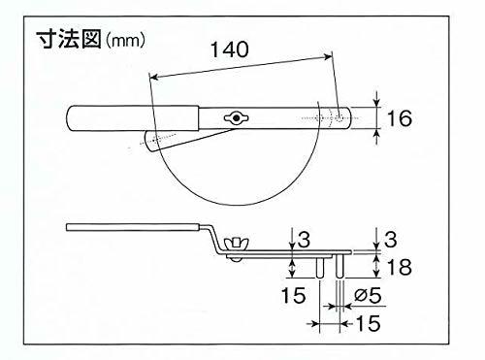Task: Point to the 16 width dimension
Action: [x=399, y=118]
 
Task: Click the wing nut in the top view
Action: [x=235, y=118]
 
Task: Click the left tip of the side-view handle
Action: [x=70, y=228]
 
